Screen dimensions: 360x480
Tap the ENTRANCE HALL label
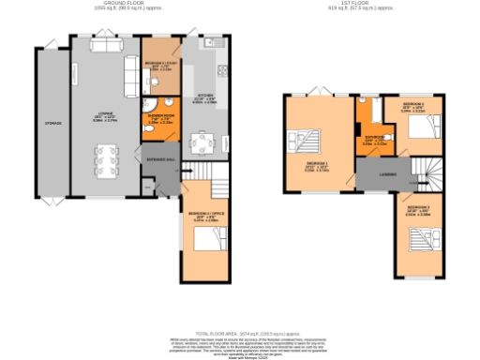pos(160,160)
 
